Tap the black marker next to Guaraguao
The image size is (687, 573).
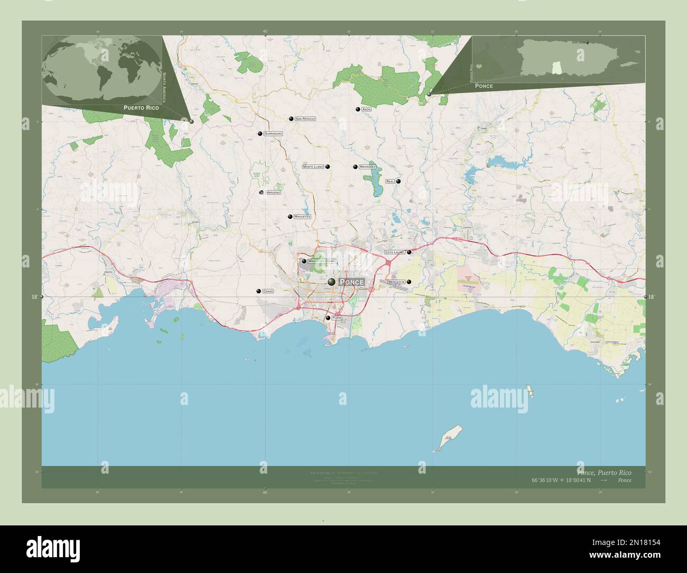coord(260,134)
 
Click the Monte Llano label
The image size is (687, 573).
coord(313,167)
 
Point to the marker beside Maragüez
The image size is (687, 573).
coord(355,167)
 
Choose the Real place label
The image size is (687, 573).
coord(391,181)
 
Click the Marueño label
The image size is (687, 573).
coord(273,192)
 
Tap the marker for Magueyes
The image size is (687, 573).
coord(290,217)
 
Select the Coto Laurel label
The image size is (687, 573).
coord(395,253)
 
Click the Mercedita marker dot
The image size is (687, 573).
coord(409,282)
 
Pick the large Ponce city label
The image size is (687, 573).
coord(351,282)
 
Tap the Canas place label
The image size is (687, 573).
coord(268,291)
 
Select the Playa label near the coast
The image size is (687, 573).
coord(338,318)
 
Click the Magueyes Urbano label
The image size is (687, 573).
coord(322,261)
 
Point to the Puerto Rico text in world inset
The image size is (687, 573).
coord(141,107)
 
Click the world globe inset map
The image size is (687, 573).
coord(103,69)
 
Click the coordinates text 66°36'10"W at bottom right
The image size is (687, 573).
coord(547,480)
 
